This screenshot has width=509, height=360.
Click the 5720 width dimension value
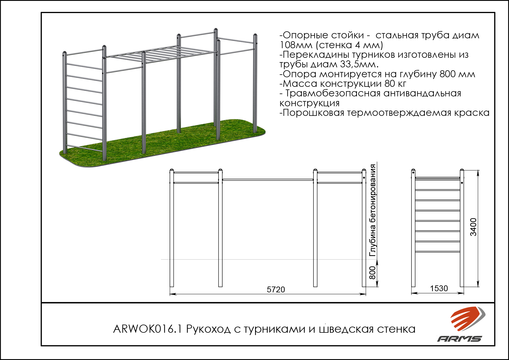[x=276, y=289]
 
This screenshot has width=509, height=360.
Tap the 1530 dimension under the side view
[x=439, y=288]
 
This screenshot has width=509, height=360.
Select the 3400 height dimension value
[x=473, y=227]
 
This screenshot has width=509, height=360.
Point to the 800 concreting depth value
[x=372, y=273]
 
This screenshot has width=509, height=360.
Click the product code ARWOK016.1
[x=147, y=329]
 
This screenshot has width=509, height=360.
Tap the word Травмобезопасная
[x=333, y=93]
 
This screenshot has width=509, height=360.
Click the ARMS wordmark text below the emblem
[x=460, y=339]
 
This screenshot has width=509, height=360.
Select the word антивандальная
[x=422, y=93]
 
